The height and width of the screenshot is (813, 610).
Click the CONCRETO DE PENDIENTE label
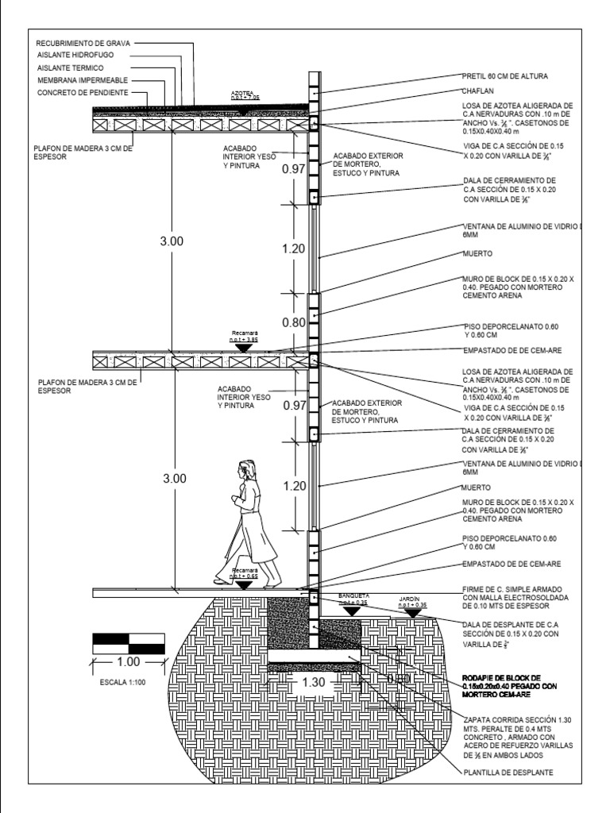pos(83,94)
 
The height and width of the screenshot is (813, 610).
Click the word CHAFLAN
pos(479,91)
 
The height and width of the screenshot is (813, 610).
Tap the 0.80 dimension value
pos(293,323)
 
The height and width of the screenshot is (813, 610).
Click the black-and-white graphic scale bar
pos(129,643)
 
